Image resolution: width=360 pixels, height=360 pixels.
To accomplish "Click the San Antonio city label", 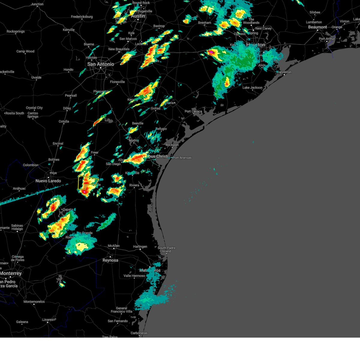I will coord(100,64).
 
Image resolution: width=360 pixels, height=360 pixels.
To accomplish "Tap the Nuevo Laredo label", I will coord(48,181).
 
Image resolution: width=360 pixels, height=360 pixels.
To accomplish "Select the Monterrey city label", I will coord(11,273).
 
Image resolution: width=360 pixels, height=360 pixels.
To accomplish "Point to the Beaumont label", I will coord(317,27).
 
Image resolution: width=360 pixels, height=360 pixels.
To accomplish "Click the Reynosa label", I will coord(110,260).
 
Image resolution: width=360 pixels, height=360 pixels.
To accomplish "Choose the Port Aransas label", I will coord(182,157).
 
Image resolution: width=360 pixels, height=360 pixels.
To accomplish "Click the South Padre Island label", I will coord(166,250).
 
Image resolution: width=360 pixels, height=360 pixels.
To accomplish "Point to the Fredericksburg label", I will coord(82,17).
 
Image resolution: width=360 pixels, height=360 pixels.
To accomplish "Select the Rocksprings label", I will coord(16,31).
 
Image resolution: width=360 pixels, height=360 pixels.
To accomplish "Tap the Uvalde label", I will coord(36,77).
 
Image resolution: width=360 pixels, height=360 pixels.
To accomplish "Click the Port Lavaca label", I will coord(193,111).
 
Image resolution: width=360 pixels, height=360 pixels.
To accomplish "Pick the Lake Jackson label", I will coord(252,88).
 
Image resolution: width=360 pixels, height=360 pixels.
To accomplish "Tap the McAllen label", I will coord(114,246).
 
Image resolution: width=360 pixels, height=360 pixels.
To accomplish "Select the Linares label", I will coord(47,319).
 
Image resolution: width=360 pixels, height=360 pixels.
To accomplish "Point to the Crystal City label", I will coord(34,108).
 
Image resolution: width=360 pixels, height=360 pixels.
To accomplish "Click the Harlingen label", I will coord(140,247).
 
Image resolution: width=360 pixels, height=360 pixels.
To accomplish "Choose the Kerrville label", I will coord(69,30).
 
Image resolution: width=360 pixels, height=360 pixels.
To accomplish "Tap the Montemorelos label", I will coord(34,302).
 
